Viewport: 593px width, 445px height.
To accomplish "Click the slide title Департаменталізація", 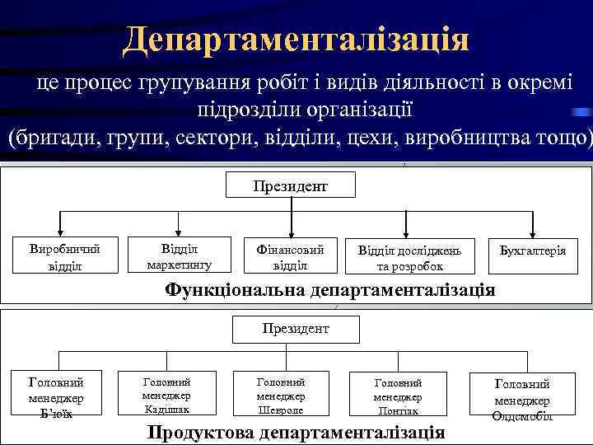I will [296, 38].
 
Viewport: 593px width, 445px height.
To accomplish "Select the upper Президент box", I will [291, 185].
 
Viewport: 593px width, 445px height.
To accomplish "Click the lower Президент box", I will [296, 329].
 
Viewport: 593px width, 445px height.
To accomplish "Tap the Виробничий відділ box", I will [63, 256].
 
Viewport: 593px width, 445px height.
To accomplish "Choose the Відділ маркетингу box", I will [179, 256].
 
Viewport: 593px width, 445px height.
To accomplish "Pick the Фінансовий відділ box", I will [291, 256].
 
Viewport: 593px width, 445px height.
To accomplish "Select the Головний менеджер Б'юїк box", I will [56, 396].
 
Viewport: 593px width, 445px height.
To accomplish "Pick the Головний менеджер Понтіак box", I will [399, 396].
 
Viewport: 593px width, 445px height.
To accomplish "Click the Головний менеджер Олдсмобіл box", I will [522, 399].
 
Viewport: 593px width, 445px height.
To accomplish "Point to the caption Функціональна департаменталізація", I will [330, 289].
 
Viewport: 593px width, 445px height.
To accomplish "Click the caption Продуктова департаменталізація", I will [296, 433].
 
